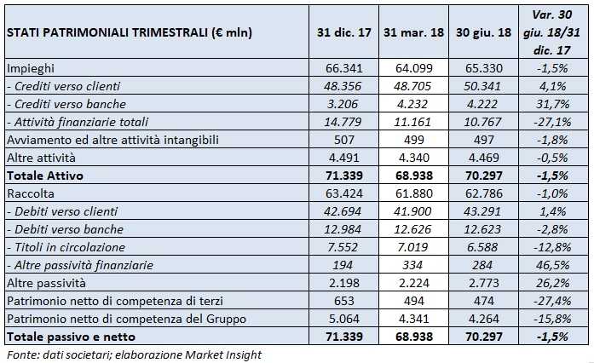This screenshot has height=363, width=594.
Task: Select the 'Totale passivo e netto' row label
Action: click(x=67, y=337)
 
